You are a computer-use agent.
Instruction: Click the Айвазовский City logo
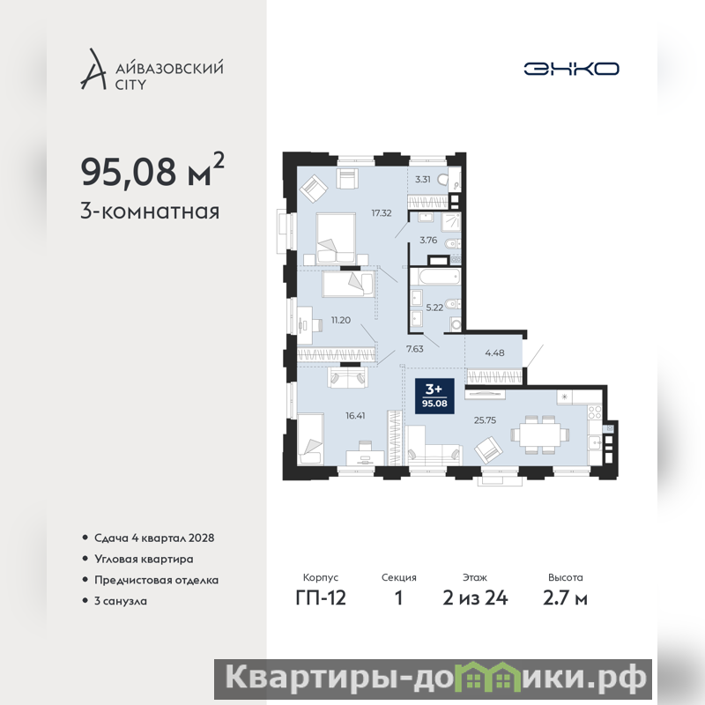coord(152,70)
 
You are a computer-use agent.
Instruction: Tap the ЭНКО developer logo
coord(571,69)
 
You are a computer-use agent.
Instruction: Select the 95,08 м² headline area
coord(152,170)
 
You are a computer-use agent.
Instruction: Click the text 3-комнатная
coord(150,211)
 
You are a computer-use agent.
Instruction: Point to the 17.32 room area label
coord(382,213)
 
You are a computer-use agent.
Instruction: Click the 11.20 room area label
coord(341,320)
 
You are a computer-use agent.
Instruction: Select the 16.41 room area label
coord(355,416)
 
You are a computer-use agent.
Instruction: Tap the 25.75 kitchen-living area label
coord(486,420)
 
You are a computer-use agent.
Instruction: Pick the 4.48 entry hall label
coord(494,353)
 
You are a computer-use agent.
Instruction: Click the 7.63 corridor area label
coord(414,349)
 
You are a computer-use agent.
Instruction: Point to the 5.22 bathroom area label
coord(434,308)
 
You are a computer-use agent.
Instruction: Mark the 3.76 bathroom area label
coord(428,240)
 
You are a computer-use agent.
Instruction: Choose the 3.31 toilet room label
coord(423,180)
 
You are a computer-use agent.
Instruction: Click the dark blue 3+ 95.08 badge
coord(434,396)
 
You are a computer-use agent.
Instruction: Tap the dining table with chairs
coord(540,434)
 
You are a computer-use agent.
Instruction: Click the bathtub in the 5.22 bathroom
coord(435,277)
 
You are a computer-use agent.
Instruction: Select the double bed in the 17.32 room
coord(336,238)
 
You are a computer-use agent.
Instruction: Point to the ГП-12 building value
coord(321,598)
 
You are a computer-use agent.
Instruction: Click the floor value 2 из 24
coord(475,598)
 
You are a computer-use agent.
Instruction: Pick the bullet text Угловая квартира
coord(144,559)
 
